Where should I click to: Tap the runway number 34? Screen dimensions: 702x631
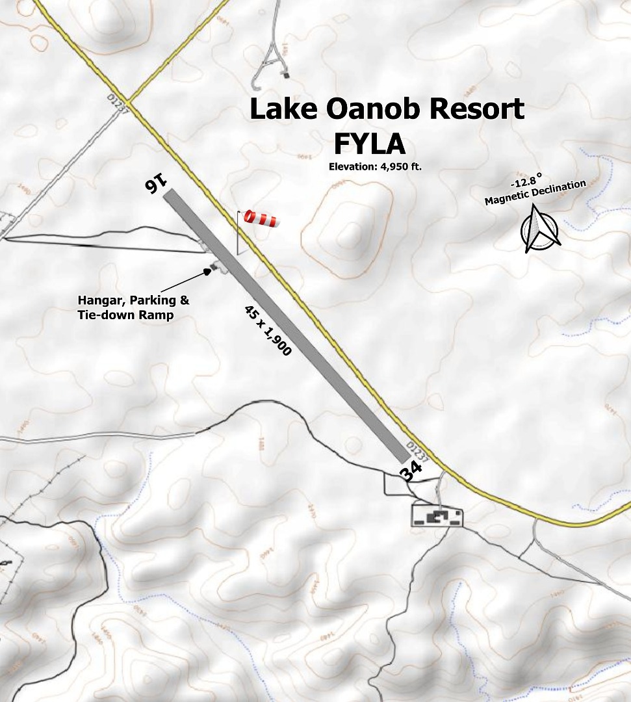(x=410, y=471)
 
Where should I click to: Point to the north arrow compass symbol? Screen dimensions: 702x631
(x=541, y=231)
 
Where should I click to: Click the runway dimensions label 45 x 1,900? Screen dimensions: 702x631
(x=268, y=330)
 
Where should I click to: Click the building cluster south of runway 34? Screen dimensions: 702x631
(x=437, y=517)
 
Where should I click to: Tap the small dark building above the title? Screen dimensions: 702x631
(x=285, y=75)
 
